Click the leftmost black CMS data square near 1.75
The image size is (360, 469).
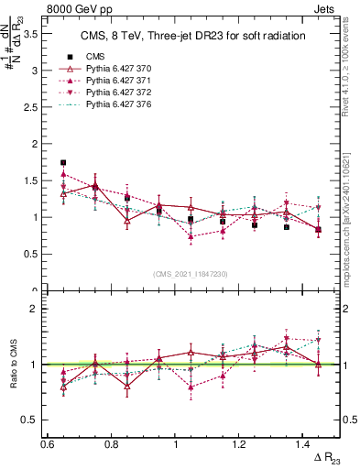pyautogui.click(x=63, y=162)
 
